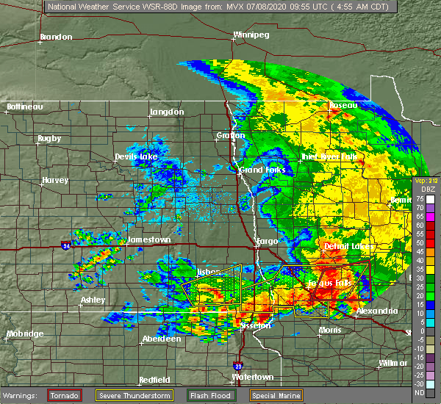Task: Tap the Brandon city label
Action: [x=56, y=37]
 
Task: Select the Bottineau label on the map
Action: [x=24, y=107]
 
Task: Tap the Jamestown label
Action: [x=148, y=239]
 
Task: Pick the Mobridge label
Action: [x=24, y=334]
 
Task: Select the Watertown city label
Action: [x=253, y=377]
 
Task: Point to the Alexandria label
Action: [x=376, y=311]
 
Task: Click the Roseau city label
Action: [x=343, y=105]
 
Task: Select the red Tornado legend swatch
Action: [x=65, y=395]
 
